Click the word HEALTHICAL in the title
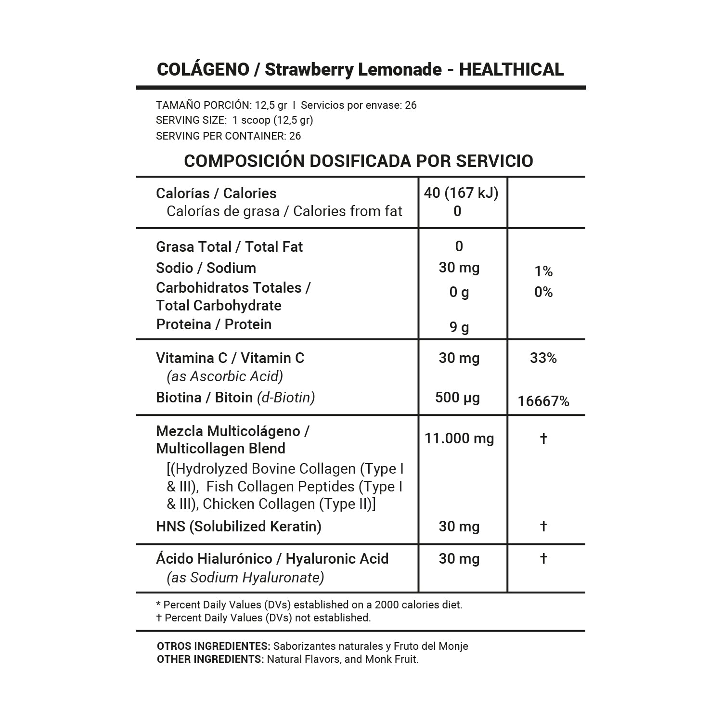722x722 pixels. coord(511,70)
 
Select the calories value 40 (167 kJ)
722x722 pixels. coord(461,193)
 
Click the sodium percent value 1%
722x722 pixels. coord(543,271)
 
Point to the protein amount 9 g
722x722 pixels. coord(459,327)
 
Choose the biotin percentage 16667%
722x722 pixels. coord(543,401)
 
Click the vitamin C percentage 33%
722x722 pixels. coord(543,358)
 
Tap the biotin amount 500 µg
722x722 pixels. coord(458,398)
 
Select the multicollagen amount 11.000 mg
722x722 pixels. coord(459,438)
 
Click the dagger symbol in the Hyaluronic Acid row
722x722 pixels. coord(543,558)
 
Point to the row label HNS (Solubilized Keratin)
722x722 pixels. coord(239,526)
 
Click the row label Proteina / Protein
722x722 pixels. coord(214,324)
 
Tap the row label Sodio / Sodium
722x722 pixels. coord(206,268)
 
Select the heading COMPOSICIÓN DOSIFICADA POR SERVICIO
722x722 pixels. coord(359,161)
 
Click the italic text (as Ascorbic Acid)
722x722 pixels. coord(225,376)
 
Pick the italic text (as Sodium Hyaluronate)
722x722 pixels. coord(245,578)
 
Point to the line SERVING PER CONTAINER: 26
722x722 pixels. coord(229,136)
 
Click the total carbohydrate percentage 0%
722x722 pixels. coord(543,292)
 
